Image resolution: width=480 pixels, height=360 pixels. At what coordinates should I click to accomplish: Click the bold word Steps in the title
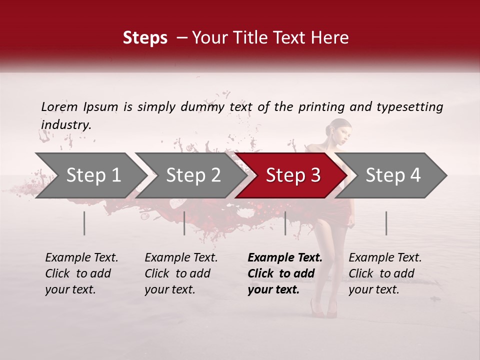tap(145, 38)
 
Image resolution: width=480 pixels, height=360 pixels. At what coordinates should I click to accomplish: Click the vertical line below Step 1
tap(84, 223)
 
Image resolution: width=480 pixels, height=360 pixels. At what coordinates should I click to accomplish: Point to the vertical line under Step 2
tap(184, 223)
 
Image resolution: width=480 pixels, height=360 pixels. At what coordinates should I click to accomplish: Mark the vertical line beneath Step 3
tap(285, 223)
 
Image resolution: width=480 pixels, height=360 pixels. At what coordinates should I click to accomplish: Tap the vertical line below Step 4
tap(386, 223)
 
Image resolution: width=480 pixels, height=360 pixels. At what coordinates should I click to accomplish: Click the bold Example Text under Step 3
tap(285, 273)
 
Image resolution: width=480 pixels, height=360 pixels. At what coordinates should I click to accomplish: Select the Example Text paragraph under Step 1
tap(81, 273)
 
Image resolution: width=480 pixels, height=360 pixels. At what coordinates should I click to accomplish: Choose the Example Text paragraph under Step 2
tap(181, 273)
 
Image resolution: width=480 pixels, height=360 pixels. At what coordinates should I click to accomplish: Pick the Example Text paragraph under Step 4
tap(385, 273)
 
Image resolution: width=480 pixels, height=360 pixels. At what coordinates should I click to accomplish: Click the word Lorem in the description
tap(59, 107)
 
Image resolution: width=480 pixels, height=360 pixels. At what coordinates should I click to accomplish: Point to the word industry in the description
tap(65, 124)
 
